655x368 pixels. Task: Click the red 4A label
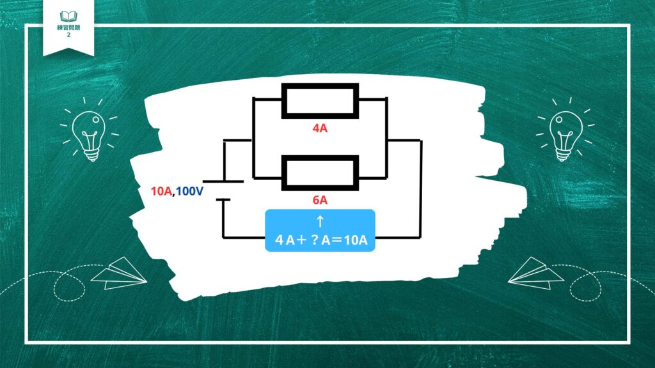point(320,128)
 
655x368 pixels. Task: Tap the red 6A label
point(320,200)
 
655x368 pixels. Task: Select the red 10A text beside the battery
point(161,192)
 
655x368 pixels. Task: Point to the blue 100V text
point(189,192)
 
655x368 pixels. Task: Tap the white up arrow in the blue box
point(320,221)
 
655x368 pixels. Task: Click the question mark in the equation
point(315,240)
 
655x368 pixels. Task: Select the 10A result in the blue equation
point(356,240)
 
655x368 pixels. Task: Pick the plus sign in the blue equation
point(301,240)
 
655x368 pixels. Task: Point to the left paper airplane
point(120,273)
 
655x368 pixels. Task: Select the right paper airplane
point(536,273)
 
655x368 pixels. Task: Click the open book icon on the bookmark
point(68,16)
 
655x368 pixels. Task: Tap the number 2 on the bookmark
point(68,35)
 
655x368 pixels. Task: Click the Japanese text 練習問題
point(68,27)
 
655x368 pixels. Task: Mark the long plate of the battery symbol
point(223,181)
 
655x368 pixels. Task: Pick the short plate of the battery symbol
point(223,200)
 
